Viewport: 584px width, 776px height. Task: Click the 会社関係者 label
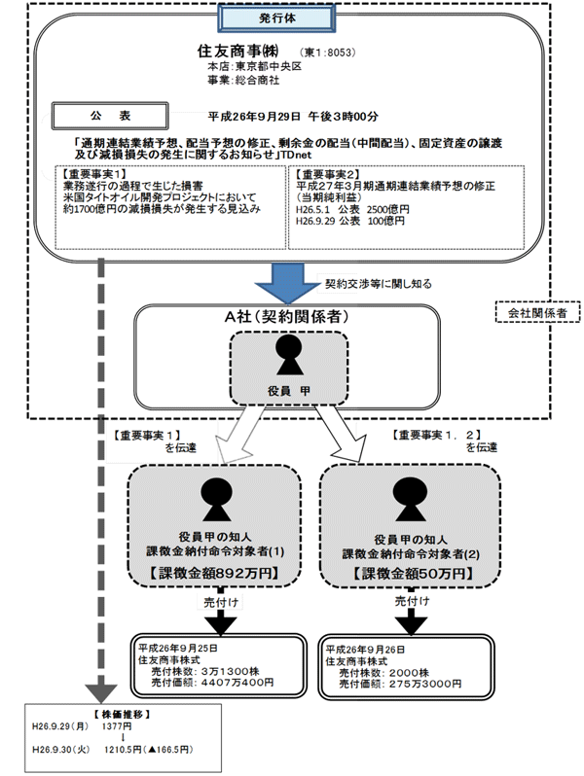pyautogui.click(x=537, y=313)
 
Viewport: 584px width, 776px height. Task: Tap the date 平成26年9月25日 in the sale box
pyautogui.click(x=176, y=646)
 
